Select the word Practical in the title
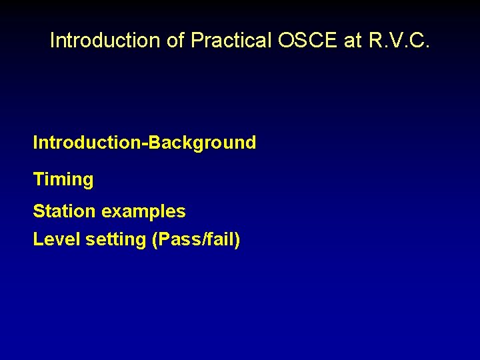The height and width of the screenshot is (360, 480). (x=231, y=41)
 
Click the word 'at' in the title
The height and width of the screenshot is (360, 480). (x=353, y=41)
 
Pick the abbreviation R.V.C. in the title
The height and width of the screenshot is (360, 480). (x=398, y=41)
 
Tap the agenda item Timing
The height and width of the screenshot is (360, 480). (x=63, y=180)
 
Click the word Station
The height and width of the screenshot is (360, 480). (x=64, y=212)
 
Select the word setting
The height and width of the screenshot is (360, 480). (x=116, y=240)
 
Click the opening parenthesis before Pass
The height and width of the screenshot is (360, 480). (x=155, y=240)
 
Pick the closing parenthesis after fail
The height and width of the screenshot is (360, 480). (x=236, y=240)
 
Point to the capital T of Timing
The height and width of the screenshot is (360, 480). (x=38, y=179)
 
